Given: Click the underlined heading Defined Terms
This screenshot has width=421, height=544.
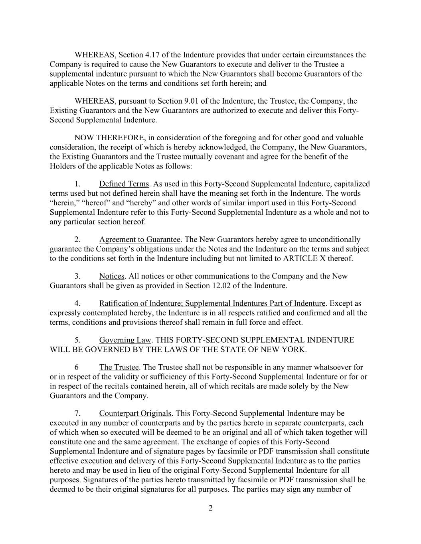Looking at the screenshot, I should (124, 184).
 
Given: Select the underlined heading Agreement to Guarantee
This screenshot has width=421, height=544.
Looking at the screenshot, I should (140, 240).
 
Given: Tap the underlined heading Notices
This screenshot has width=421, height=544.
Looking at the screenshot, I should (112, 276).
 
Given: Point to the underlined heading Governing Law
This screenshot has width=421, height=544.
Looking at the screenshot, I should (125, 340).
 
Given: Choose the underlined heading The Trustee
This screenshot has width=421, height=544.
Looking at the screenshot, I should (119, 367).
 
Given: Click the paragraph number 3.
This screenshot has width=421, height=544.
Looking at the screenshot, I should (77, 276).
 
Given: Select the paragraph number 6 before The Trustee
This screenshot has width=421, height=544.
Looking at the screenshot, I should (77, 367).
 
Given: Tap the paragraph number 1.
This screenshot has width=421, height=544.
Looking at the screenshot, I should (77, 184).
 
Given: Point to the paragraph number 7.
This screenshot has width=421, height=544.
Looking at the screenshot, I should (77, 413).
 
